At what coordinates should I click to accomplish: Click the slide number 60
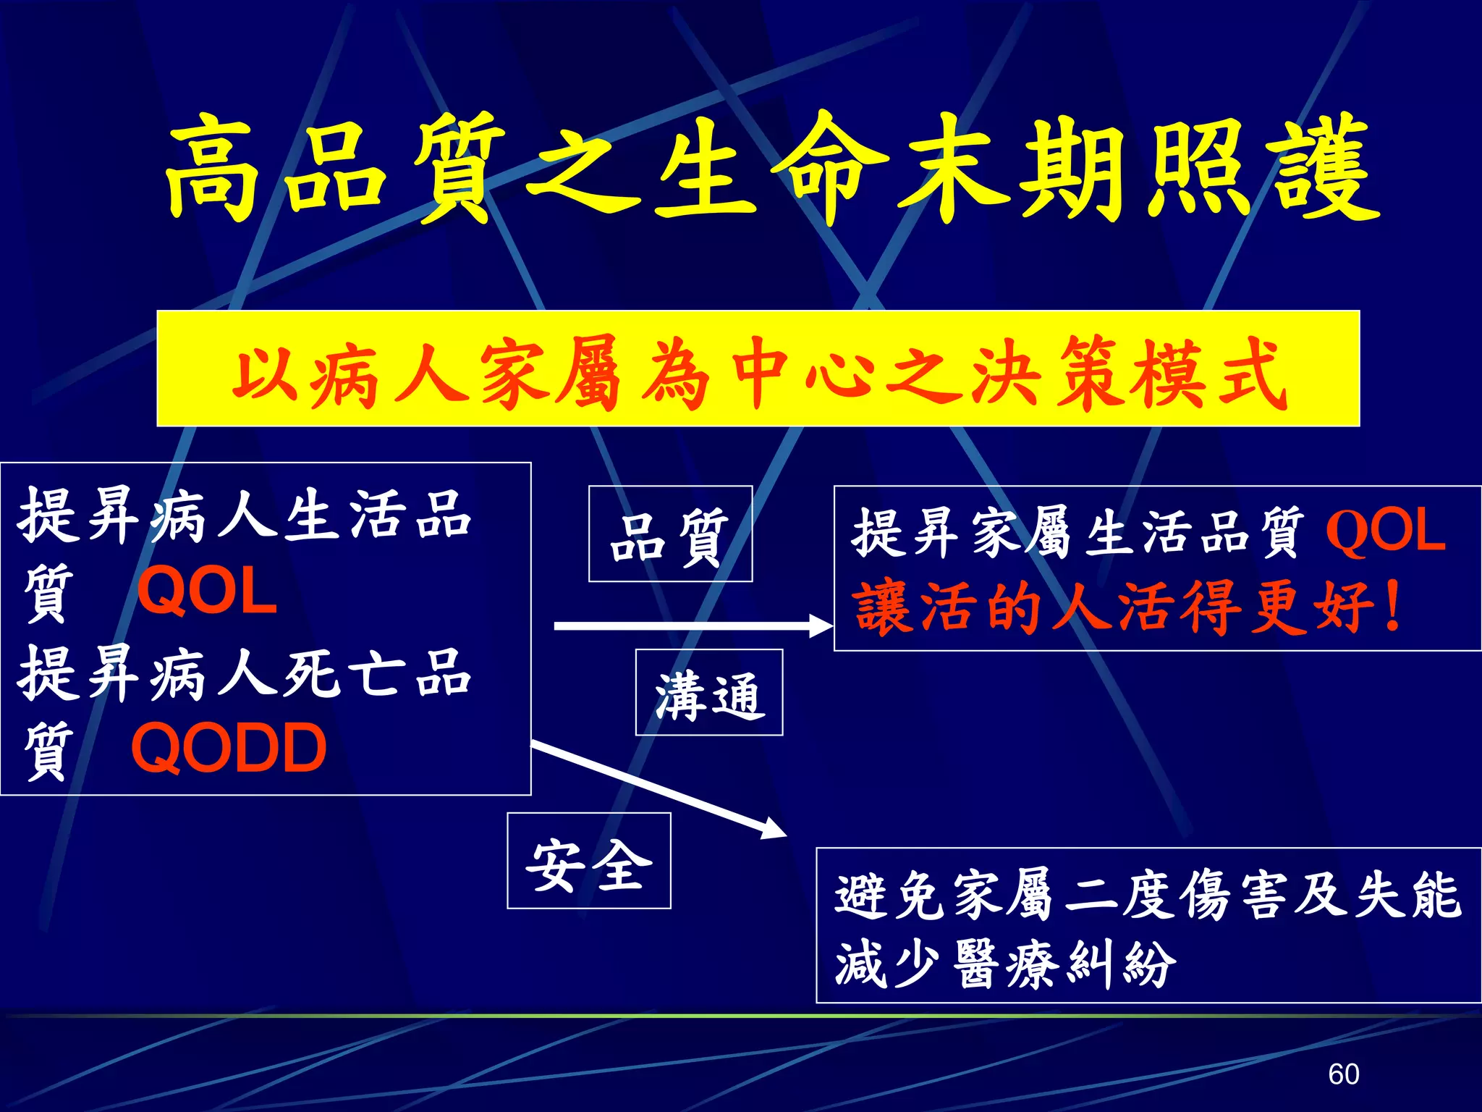(x=1344, y=1074)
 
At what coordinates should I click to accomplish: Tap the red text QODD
(x=229, y=749)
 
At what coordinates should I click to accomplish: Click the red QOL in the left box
(x=207, y=591)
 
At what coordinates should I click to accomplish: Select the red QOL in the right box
(x=1385, y=531)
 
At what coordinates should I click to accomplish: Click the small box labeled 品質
(x=670, y=534)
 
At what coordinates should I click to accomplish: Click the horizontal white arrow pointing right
(x=691, y=625)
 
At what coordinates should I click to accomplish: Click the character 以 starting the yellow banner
(x=264, y=373)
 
